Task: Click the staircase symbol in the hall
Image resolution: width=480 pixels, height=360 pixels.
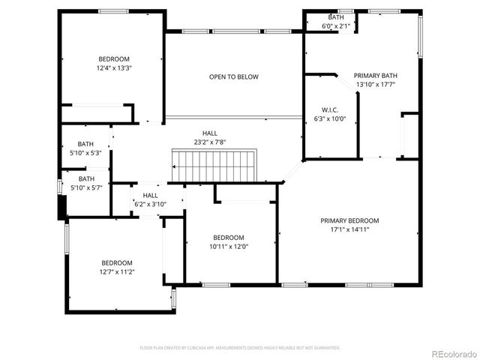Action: coord(214,164)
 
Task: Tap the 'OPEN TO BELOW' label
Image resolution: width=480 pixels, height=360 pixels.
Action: coord(234,76)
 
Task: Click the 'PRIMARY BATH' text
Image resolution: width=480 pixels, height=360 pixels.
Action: coord(375,75)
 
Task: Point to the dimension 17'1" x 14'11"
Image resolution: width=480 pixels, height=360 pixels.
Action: coord(349,229)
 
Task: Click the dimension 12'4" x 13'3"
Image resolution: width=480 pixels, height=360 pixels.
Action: coord(114,68)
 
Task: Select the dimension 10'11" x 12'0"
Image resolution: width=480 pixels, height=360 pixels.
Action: coord(228,246)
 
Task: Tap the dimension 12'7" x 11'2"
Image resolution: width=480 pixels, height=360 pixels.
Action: coord(117,271)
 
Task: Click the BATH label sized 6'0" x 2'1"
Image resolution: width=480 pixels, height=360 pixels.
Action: coord(337,17)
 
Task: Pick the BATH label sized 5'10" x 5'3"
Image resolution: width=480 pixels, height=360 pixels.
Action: coord(86,144)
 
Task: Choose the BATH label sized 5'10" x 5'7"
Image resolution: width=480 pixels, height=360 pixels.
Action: coord(86,178)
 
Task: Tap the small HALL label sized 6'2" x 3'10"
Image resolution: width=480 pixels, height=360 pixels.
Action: coord(150,195)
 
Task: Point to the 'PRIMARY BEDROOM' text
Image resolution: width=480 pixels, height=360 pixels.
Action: coord(349,220)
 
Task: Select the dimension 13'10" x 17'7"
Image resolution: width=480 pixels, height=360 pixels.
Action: coord(375,84)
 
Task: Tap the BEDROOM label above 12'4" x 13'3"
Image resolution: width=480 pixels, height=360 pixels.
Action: coord(114,59)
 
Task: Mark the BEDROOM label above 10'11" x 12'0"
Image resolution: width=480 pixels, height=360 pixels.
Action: coord(228,237)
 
